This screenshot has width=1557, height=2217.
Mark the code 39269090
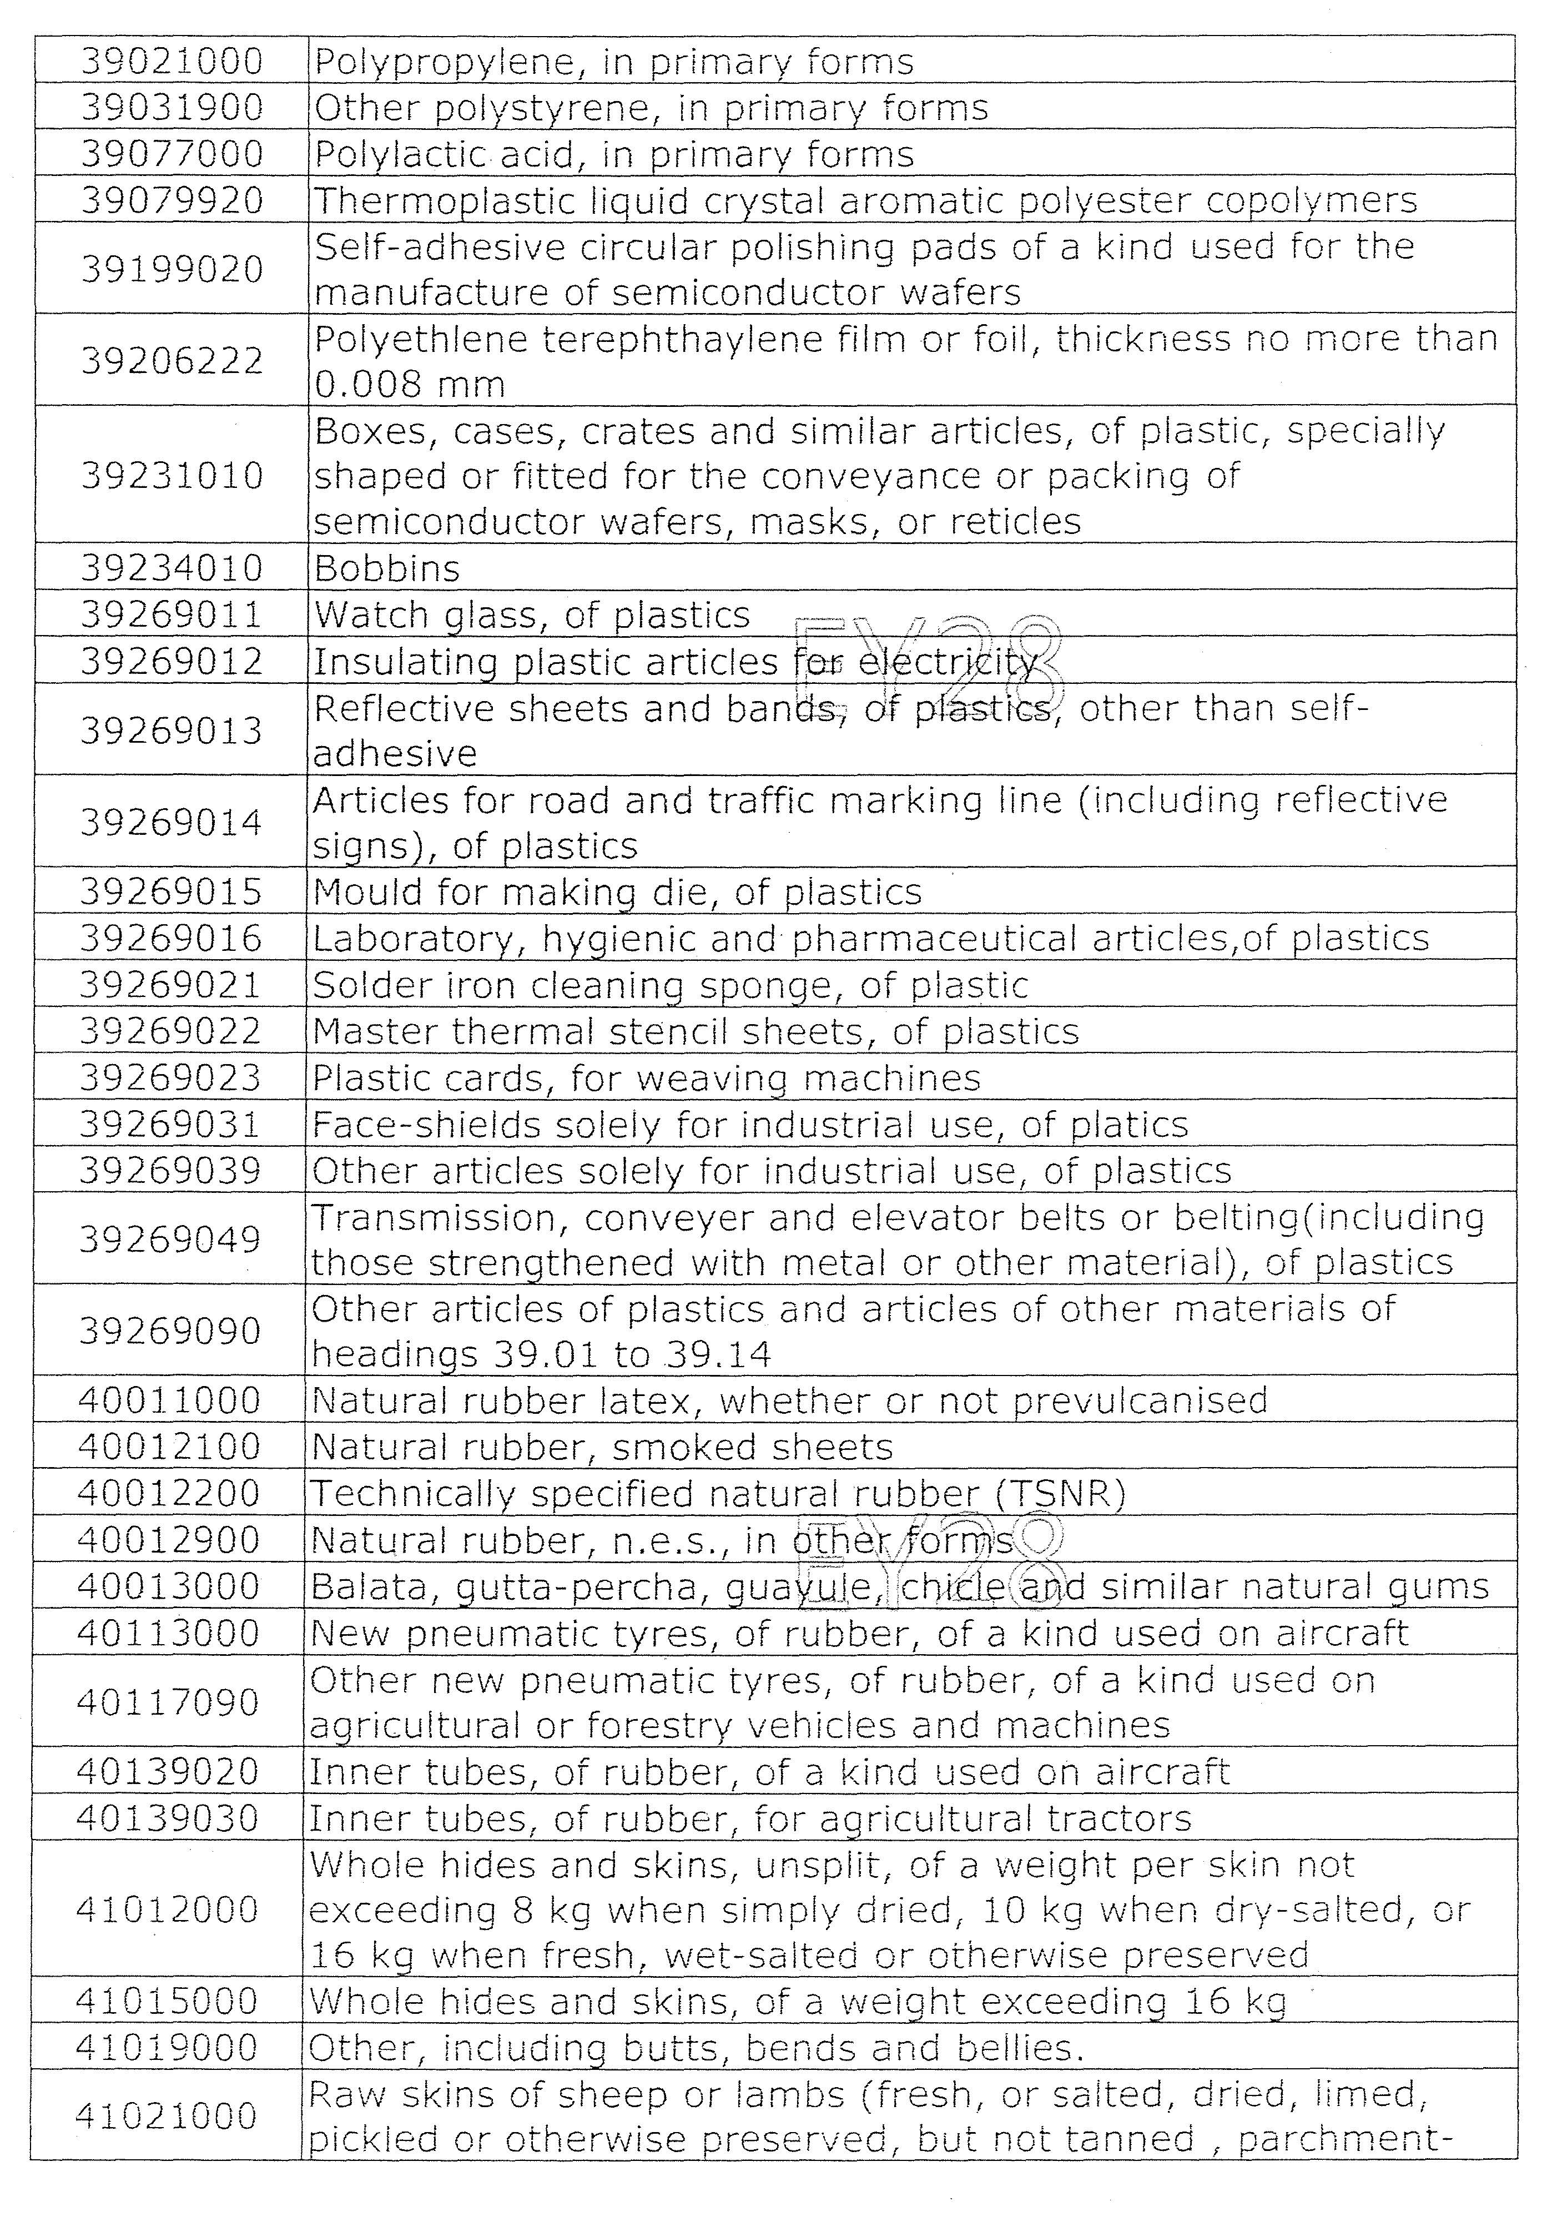[x=169, y=1331]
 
